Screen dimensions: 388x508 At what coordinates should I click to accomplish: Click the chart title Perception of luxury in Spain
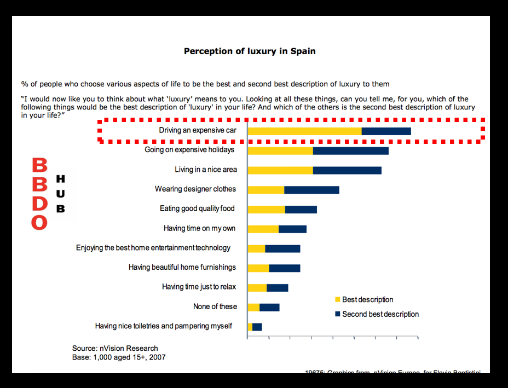click(x=250, y=51)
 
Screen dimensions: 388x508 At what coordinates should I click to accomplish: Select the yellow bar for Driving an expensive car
click(x=304, y=131)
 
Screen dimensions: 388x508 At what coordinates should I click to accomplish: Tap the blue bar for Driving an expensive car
click(x=386, y=131)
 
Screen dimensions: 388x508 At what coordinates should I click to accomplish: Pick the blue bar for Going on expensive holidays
click(x=350, y=150)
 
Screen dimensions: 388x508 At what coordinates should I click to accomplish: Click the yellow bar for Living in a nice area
click(x=280, y=170)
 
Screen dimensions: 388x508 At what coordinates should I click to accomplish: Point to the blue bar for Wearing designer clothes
click(x=311, y=190)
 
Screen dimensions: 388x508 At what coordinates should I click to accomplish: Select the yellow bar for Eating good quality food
click(x=267, y=209)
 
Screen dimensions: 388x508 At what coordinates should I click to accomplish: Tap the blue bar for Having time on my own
click(x=292, y=229)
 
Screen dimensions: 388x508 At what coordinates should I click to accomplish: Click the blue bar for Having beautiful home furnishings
click(x=284, y=268)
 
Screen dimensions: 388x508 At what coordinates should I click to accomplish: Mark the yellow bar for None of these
click(x=253, y=307)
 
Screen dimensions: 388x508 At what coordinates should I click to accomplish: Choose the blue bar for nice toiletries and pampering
click(x=257, y=327)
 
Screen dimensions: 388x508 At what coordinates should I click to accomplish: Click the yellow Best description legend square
click(x=338, y=300)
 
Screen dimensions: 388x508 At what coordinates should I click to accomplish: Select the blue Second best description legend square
click(x=338, y=314)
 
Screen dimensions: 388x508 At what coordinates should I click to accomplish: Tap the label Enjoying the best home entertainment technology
click(x=153, y=248)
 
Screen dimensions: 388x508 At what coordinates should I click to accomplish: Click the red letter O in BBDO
click(x=39, y=222)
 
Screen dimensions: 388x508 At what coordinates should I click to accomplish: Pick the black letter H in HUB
click(x=61, y=179)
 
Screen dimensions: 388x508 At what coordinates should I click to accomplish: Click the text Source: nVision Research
click(x=115, y=348)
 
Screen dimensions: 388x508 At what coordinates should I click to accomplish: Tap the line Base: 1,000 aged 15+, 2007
click(x=119, y=357)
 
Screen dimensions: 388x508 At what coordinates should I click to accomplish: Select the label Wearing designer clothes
click(x=195, y=189)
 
